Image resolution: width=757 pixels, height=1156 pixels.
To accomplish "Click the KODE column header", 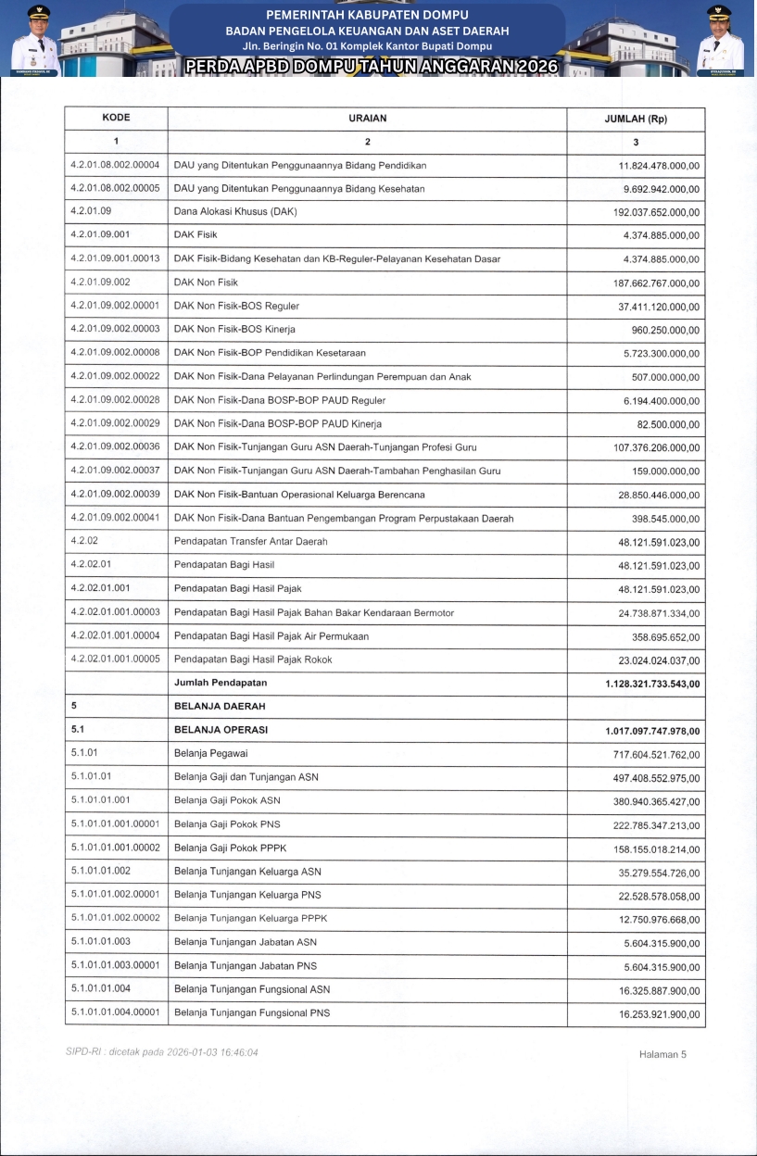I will pos(116,119).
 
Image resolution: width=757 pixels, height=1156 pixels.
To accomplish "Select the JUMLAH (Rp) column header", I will pos(636,119).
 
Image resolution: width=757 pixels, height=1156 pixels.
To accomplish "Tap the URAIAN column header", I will pos(367,119).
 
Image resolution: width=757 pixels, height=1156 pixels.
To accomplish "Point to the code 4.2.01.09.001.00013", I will pos(115,258).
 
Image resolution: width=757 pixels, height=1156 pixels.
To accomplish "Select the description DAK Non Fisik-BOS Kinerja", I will pos(236,329).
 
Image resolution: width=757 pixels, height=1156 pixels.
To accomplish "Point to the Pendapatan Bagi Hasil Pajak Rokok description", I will pos(253,660).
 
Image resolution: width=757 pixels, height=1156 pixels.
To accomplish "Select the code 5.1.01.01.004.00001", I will pos(115,1012).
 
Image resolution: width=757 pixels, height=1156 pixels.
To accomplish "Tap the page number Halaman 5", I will pos(662,1054).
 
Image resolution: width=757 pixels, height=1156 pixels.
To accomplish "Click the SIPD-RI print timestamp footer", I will pos(162,1052).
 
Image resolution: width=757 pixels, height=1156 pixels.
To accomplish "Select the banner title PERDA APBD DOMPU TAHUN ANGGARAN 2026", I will pos(371,67).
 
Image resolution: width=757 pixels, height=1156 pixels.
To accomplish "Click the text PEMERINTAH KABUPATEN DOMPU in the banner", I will pos(367,15).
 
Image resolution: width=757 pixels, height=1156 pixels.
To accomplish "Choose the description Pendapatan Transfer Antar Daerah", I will pos(250,541).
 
